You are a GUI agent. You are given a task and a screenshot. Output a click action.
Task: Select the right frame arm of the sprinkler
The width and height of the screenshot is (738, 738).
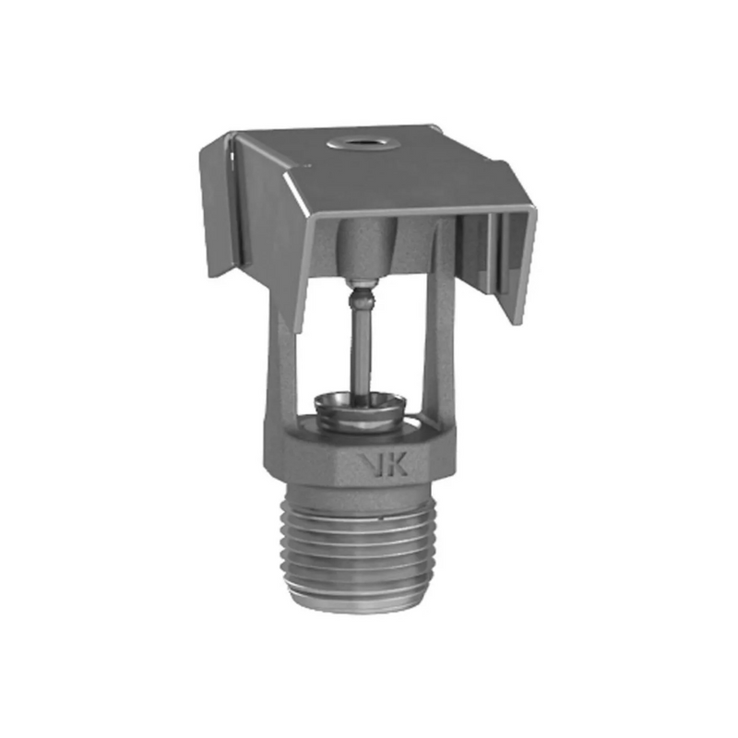pos(441,360)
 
